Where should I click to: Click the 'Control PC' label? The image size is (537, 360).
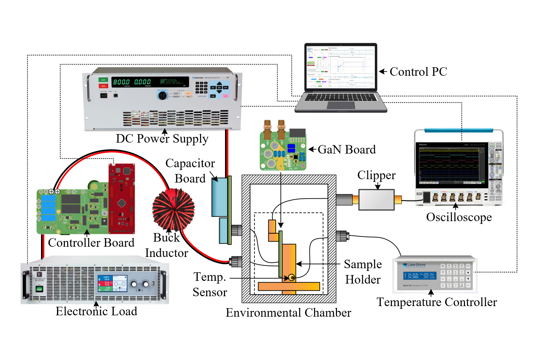click(418, 72)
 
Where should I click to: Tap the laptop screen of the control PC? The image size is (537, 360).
click(340, 67)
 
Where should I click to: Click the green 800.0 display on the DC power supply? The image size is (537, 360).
click(121, 82)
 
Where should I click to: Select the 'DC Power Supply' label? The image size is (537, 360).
click(162, 139)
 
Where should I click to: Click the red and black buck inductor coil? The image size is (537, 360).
click(173, 209)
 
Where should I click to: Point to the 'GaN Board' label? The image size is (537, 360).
click(346, 149)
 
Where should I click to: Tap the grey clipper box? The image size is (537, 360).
click(376, 200)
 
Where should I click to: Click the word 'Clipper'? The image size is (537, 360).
click(376, 175)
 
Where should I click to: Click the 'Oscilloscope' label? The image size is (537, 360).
click(458, 217)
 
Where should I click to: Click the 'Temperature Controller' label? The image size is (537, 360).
click(436, 302)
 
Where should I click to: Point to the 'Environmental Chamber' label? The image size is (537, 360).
click(288, 313)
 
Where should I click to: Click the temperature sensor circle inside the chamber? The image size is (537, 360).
click(292, 277)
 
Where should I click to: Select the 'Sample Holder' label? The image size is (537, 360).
click(363, 272)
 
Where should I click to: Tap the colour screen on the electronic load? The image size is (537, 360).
click(112, 283)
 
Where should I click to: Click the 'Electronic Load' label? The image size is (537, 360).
click(96, 311)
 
